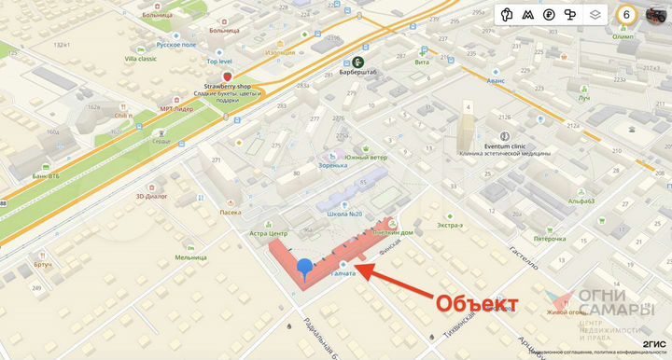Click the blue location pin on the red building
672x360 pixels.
[305, 267]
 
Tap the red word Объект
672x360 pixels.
[477, 303]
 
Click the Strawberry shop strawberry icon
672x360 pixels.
[227, 75]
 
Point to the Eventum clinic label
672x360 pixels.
[504, 146]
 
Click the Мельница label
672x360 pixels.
[190, 257]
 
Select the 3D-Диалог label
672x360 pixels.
[151, 197]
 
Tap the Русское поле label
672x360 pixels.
[176, 44]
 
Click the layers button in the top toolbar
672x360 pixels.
[595, 15]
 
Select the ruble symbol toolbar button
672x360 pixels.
[550, 15]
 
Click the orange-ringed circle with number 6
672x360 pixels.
[627, 15]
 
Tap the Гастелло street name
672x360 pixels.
[522, 258]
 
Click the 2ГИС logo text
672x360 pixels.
[654, 343]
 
